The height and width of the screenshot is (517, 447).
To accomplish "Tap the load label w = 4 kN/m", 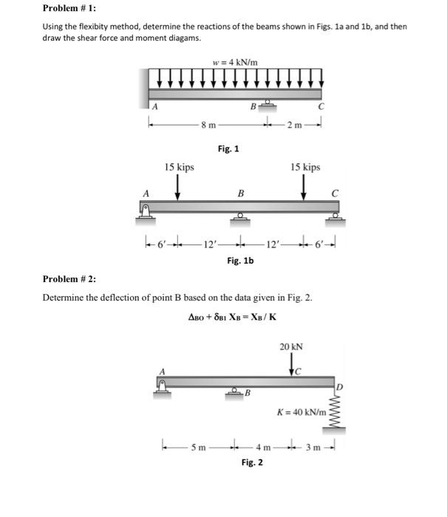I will pyautogui.click(x=234, y=61).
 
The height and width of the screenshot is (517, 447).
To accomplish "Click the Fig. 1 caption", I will pyautogui.click(x=228, y=149).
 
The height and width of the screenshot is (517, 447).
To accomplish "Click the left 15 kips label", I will pyautogui.click(x=180, y=168).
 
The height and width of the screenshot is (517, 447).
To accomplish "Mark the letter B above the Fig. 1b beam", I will pyautogui.click(x=239, y=194).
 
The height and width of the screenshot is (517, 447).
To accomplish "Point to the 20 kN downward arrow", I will pyautogui.click(x=293, y=362).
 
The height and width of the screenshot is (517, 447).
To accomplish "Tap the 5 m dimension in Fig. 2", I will pyautogui.click(x=198, y=446).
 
